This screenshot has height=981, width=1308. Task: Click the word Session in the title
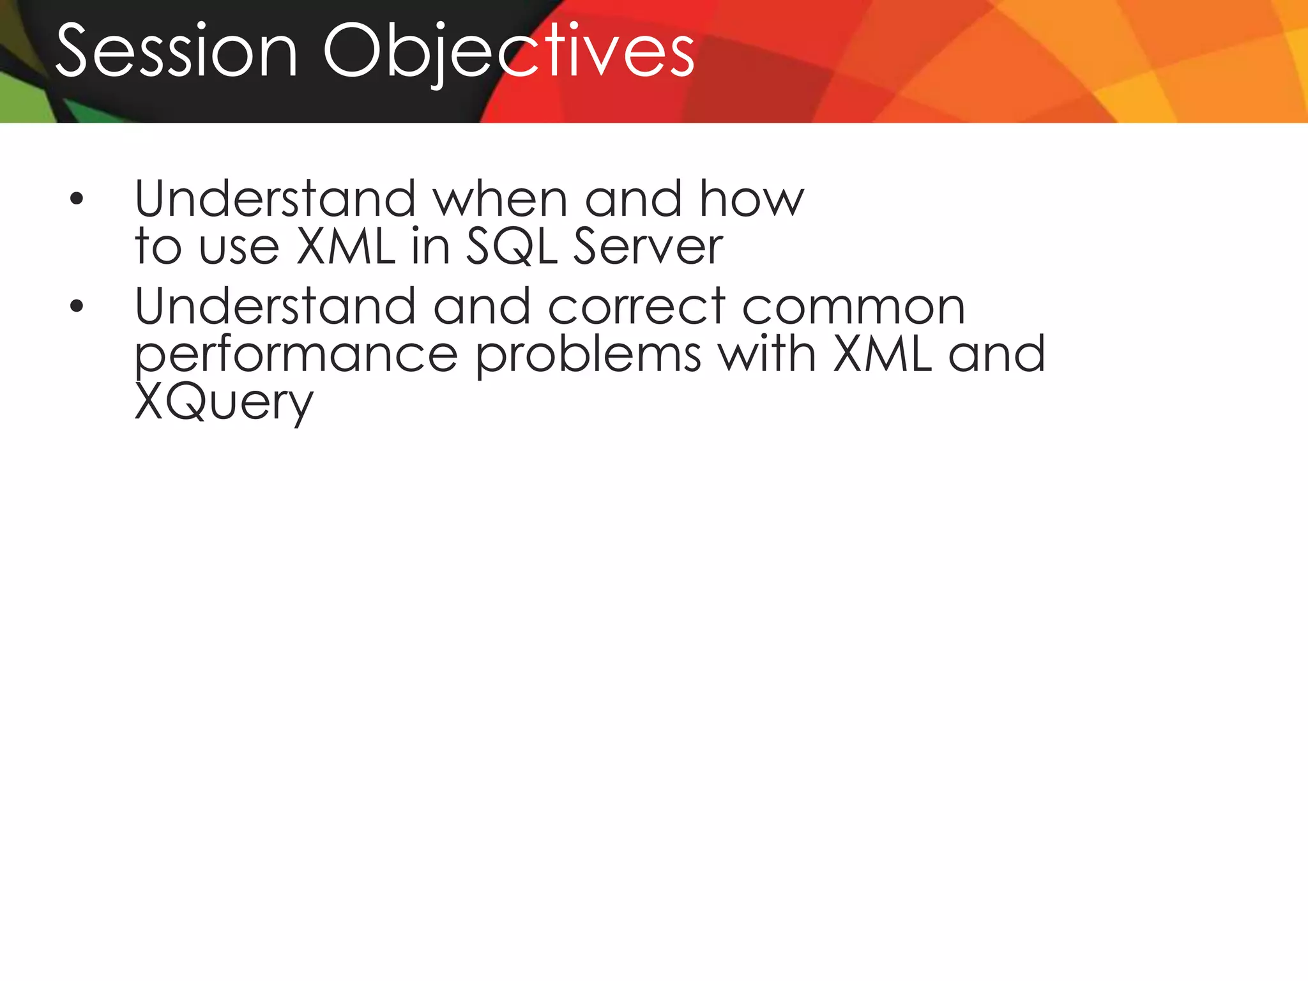coord(177,51)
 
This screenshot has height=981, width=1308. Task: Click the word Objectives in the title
coord(508,51)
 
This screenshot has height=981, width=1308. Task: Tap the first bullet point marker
coord(77,199)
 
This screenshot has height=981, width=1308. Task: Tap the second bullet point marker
coord(77,307)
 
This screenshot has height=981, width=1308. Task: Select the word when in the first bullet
coord(500,199)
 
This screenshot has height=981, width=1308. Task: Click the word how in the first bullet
coord(751,199)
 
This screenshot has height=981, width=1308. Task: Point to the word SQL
coord(512,247)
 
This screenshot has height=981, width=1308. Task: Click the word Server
coord(648,247)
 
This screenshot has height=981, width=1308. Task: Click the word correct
coord(637,307)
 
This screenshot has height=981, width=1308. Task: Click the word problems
coord(588,355)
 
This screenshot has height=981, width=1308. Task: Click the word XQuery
coord(224,403)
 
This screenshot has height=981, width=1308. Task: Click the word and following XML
coord(996,354)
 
